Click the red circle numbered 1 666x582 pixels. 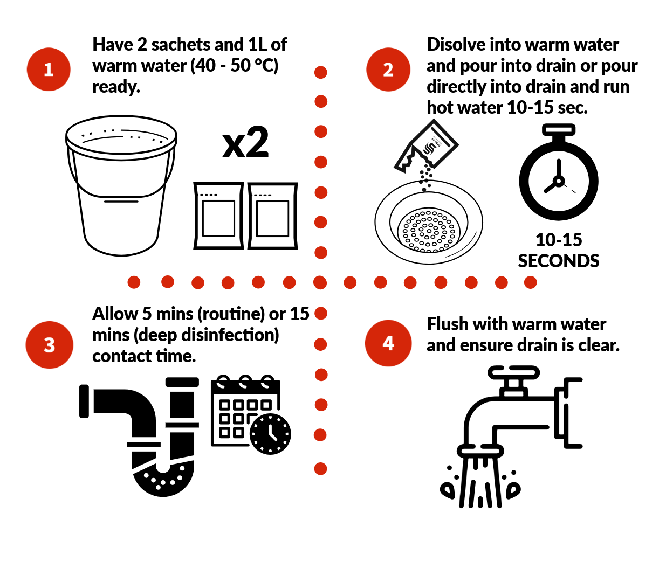[49, 70]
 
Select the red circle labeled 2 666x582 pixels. [388, 70]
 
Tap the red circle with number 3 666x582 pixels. [50, 345]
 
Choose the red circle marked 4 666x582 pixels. [388, 343]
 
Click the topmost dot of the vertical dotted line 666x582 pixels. [321, 72]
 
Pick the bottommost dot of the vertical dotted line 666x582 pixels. [320, 469]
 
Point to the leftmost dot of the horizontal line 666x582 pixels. [134, 282]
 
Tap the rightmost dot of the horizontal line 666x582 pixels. [531, 282]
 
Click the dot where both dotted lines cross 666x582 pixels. [320, 282]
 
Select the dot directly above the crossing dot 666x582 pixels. [321, 253]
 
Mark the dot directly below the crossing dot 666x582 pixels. [321, 313]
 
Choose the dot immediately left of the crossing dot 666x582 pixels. [290, 282]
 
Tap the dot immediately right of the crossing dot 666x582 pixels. [350, 282]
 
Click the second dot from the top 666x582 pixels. [321, 101]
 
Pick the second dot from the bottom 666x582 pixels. [320, 435]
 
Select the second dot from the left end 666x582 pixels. [168, 282]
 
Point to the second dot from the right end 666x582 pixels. [502, 282]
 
